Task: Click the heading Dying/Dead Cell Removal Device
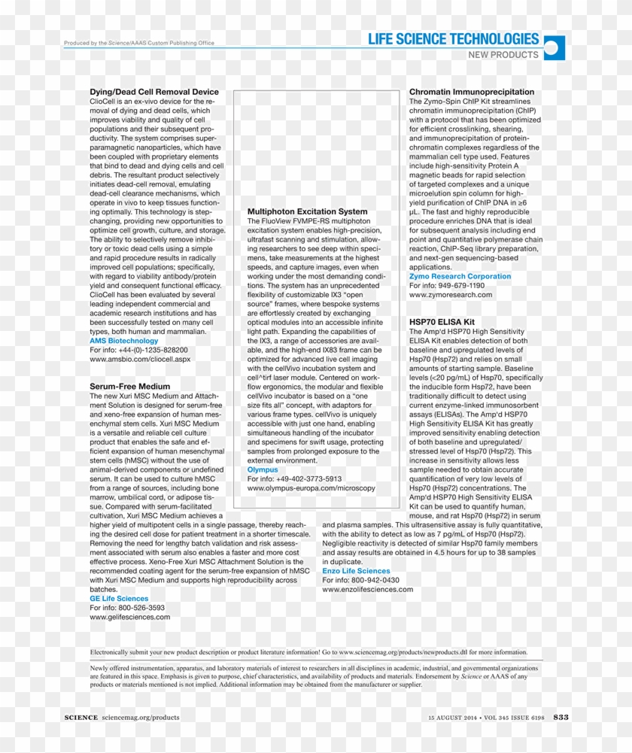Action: tap(154, 92)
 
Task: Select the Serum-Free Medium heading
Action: tap(130, 386)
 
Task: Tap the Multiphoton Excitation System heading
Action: tap(308, 212)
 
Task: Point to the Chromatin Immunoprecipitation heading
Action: tap(472, 92)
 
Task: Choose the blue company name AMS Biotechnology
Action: tap(124, 341)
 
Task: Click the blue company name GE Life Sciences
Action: tap(119, 599)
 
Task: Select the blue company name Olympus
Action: tap(263, 470)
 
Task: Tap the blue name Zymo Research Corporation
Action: tap(460, 277)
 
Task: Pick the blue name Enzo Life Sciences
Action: tap(356, 571)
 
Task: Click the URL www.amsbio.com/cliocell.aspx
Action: tap(140, 360)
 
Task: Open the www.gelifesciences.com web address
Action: tap(129, 617)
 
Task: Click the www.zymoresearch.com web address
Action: tap(451, 295)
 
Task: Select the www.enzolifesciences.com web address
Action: tap(367, 590)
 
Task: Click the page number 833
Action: tap(561, 717)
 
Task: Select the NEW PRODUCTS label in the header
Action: tap(503, 55)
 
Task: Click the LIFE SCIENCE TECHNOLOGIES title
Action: tap(454, 39)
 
